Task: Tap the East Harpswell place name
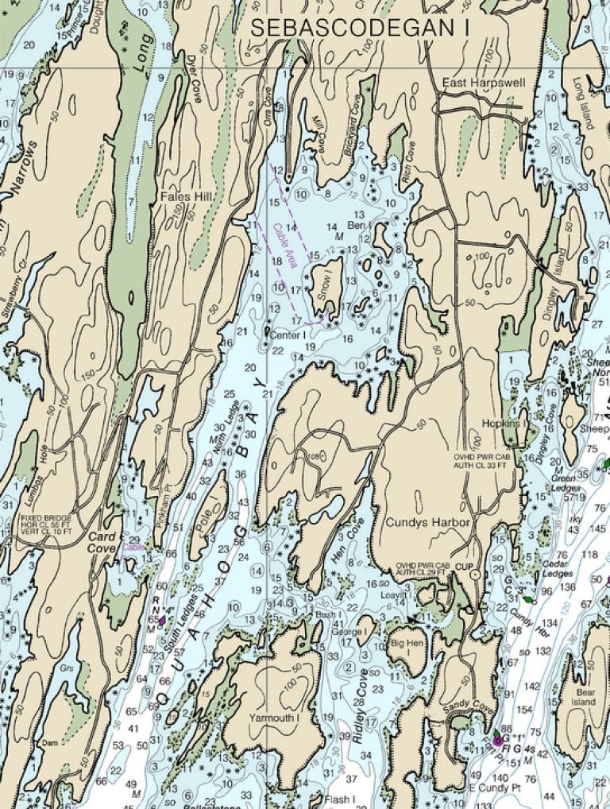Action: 481,81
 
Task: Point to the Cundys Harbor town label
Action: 428,522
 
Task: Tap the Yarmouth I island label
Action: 272,718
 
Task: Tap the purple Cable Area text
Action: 284,238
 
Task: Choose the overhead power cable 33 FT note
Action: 485,462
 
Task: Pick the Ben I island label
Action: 358,226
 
